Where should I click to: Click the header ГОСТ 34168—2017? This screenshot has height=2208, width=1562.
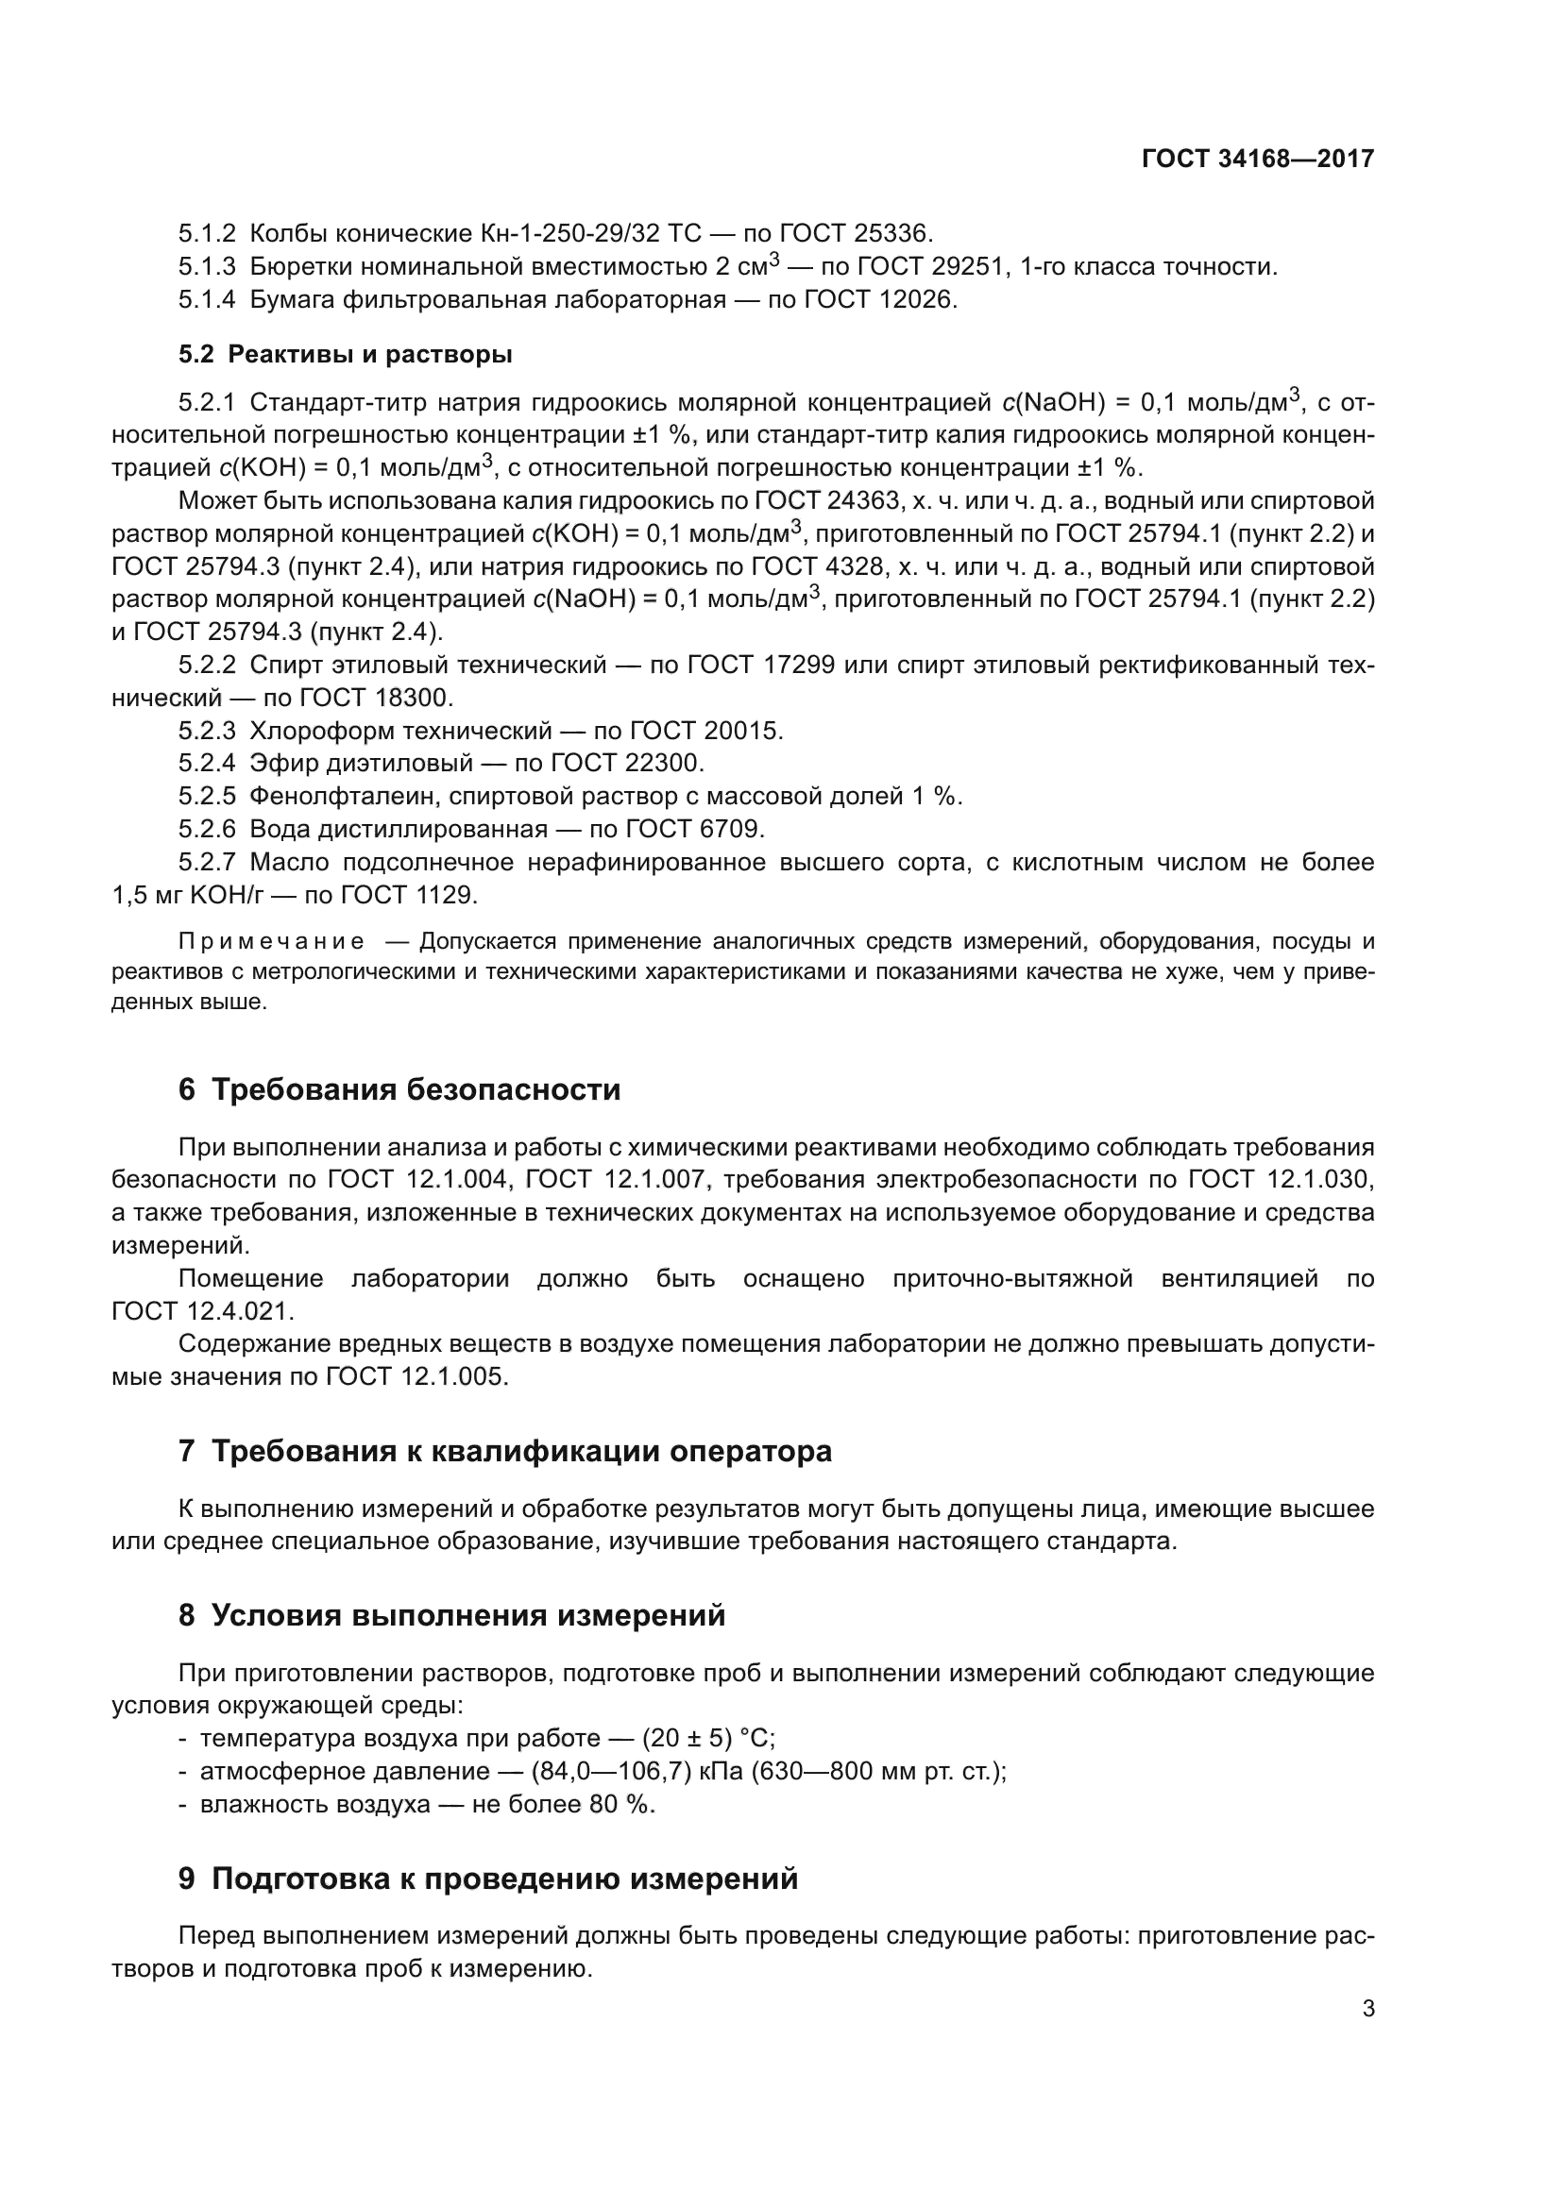click(1257, 160)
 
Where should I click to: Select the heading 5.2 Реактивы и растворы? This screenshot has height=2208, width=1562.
click(345, 355)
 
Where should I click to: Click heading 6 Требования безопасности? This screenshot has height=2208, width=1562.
click(399, 1089)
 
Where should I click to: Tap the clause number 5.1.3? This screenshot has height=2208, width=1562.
click(206, 266)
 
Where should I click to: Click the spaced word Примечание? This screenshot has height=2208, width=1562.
click(271, 940)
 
